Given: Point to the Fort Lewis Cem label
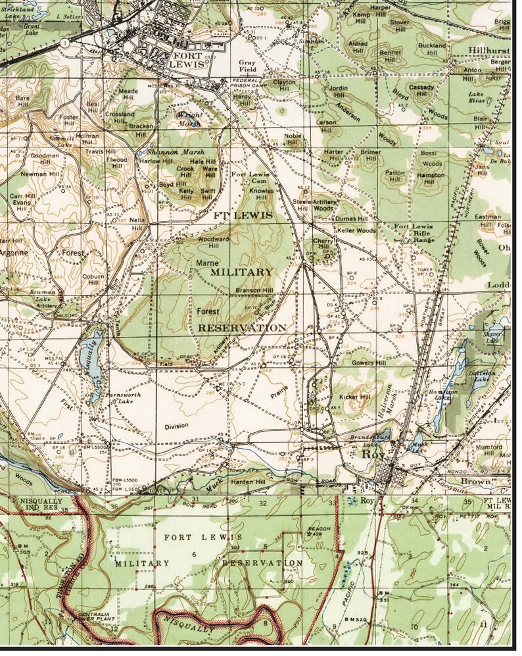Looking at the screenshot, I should pos(250,178).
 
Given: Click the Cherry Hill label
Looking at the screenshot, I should pos(324,245).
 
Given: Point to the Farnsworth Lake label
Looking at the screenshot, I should pos(120,398).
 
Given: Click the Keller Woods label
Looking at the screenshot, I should pos(356,231).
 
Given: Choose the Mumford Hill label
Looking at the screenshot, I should pos(488,451).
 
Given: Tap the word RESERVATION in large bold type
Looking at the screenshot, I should pos(242,327).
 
